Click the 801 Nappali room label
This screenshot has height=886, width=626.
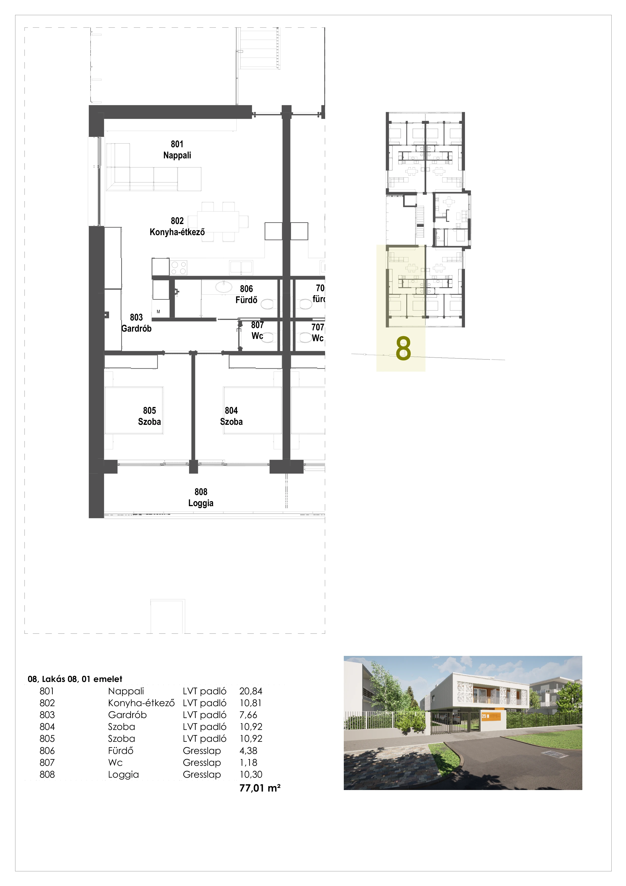(x=177, y=150)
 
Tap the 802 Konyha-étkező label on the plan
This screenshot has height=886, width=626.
(x=177, y=227)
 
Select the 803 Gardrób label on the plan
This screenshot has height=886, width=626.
(x=136, y=323)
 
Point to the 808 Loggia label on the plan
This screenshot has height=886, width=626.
(x=201, y=497)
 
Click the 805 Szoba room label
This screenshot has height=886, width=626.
(x=149, y=416)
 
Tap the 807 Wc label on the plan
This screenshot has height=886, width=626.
(x=257, y=330)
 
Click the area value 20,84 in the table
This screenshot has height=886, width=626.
(x=251, y=691)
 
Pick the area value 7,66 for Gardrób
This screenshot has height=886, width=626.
(x=248, y=715)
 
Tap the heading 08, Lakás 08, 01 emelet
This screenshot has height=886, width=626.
(x=75, y=679)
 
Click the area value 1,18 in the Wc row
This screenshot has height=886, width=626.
(x=248, y=762)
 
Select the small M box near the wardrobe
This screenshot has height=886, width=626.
(x=158, y=311)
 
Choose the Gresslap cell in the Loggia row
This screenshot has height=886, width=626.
(x=202, y=774)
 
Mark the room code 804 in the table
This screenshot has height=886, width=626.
(x=47, y=727)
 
